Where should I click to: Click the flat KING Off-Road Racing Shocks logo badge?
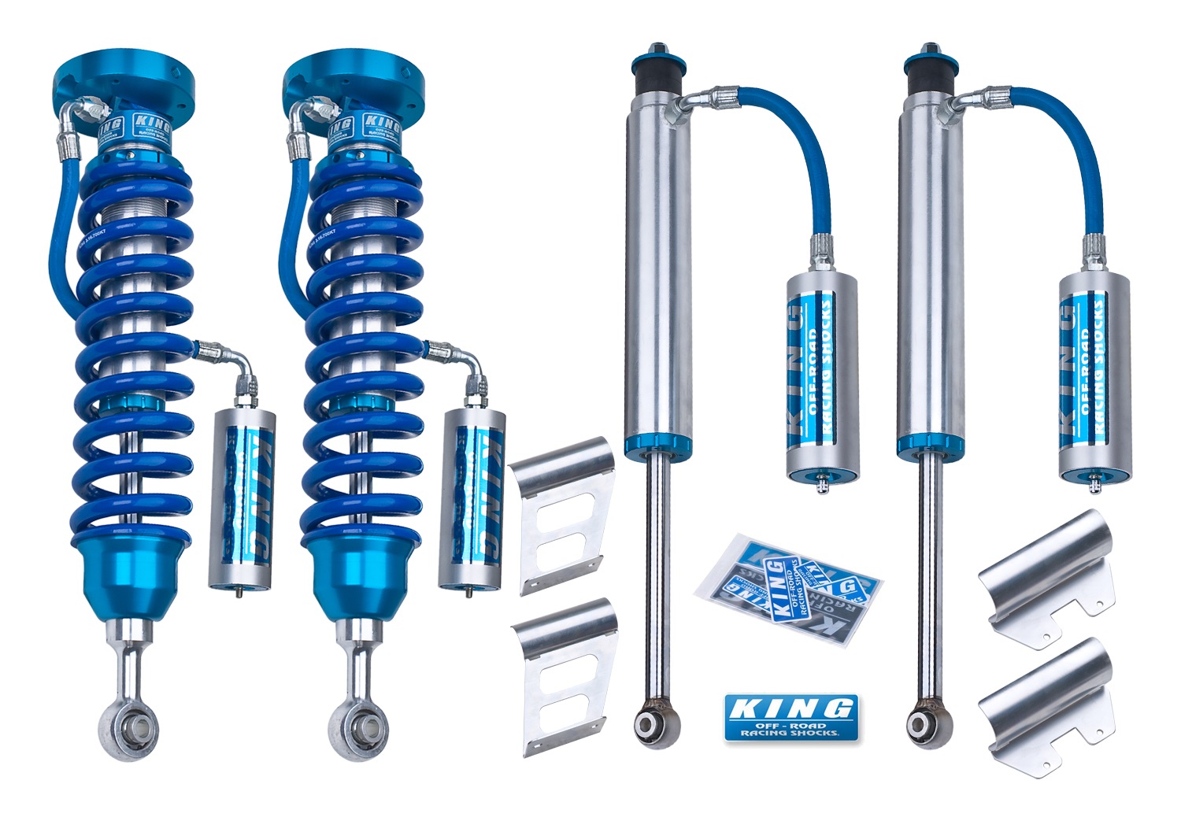pos(790,717)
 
